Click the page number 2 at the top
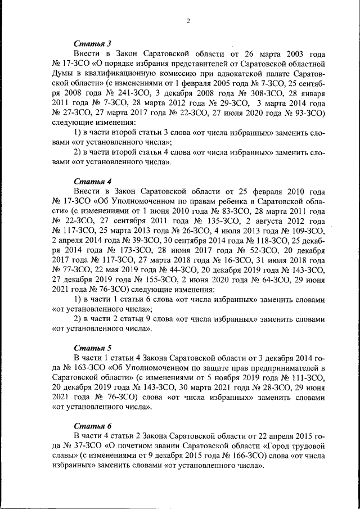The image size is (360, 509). click(189, 21)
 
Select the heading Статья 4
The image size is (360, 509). click(93, 181)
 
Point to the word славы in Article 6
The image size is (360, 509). click(65, 457)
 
